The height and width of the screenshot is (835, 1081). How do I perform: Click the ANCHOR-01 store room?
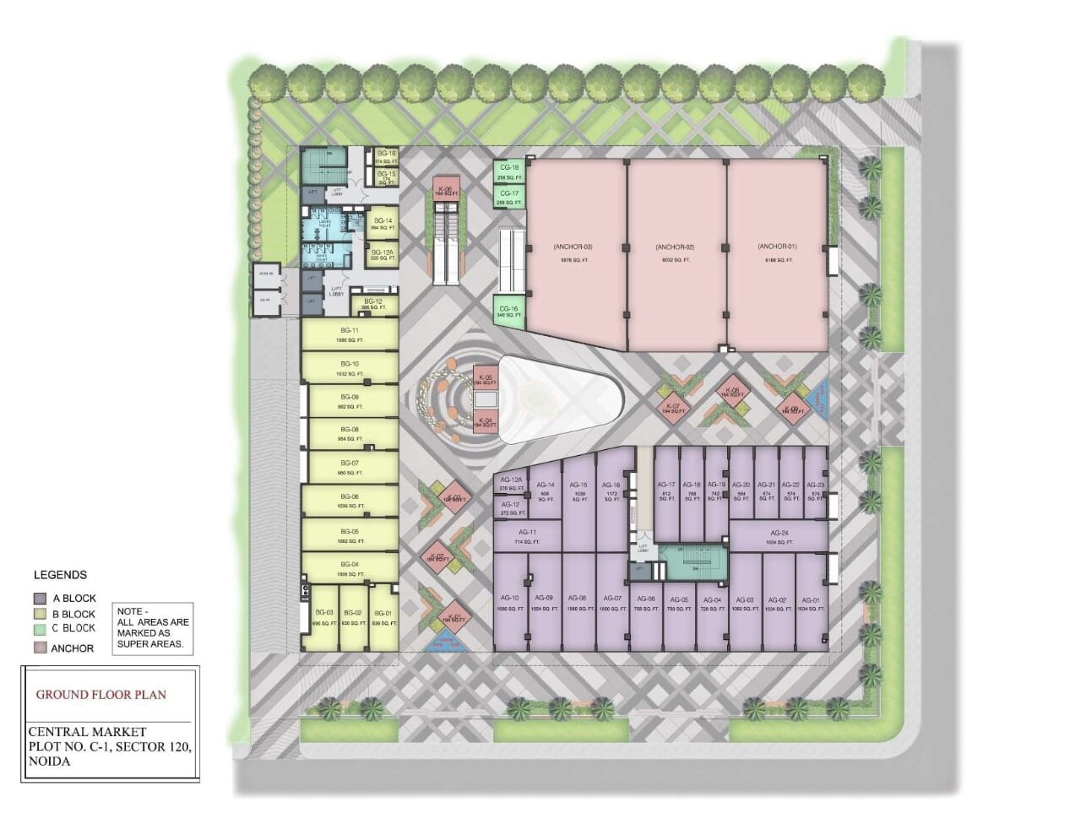point(777,253)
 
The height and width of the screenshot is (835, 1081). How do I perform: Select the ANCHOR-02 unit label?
point(676,247)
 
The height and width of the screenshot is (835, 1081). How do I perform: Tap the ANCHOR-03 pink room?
point(574,253)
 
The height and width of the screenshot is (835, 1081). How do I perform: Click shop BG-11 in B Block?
point(350,334)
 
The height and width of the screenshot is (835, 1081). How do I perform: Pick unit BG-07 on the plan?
point(350,468)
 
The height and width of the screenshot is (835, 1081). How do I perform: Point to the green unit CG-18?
point(509,172)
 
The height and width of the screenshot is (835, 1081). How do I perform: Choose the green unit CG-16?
point(509,312)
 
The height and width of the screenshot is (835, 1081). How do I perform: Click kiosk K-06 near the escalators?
point(446,192)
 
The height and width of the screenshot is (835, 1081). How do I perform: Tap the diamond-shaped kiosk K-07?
point(673,409)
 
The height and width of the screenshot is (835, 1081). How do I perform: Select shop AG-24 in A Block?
point(779,536)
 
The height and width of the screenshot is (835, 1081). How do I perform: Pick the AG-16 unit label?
point(611,485)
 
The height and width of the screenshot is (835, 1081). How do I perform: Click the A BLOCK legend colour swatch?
point(39,599)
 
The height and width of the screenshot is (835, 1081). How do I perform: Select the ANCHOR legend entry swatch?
point(39,648)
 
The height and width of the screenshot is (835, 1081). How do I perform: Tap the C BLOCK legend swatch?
point(39,629)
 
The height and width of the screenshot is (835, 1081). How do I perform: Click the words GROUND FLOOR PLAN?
point(100,695)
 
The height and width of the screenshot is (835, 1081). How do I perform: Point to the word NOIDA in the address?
point(49,761)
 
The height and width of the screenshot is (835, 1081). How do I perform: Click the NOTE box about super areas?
point(153,627)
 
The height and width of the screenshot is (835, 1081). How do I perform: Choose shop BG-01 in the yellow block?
point(383,618)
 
